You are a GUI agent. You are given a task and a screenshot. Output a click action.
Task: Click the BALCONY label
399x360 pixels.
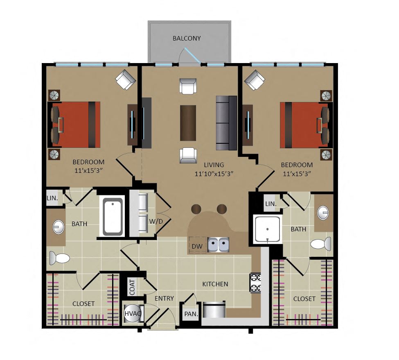[x=187, y=38]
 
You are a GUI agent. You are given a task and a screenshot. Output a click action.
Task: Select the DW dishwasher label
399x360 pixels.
[x=197, y=246]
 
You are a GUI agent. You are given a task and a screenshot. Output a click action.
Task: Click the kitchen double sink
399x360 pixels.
[x=219, y=245]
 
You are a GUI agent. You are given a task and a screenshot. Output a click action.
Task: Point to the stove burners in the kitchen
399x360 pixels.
[x=255, y=283]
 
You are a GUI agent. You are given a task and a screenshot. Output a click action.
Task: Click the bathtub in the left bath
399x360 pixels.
[x=113, y=217]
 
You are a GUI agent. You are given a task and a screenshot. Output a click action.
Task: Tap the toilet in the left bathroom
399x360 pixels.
[x=59, y=258]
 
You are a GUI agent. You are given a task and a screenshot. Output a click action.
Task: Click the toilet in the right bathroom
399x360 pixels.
[x=321, y=244]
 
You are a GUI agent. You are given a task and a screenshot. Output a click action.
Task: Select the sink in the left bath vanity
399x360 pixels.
[x=59, y=226]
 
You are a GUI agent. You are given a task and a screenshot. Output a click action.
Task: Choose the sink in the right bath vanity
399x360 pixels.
[x=323, y=212]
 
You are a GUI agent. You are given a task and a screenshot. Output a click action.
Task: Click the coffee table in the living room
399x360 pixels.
[x=188, y=123]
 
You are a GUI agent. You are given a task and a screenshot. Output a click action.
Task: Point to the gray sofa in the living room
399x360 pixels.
[x=226, y=123]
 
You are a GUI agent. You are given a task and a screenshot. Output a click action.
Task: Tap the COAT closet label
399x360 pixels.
[x=132, y=287]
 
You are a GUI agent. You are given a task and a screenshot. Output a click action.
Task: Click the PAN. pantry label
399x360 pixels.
[x=191, y=314]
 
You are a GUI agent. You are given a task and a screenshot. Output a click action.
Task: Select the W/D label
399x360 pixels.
[x=156, y=222]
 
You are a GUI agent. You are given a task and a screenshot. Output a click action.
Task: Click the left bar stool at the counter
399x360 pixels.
[x=196, y=209]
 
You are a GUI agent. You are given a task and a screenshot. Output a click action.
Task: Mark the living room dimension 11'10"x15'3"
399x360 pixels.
[x=214, y=174]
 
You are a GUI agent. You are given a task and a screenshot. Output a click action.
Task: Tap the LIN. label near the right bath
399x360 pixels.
[x=271, y=204]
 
